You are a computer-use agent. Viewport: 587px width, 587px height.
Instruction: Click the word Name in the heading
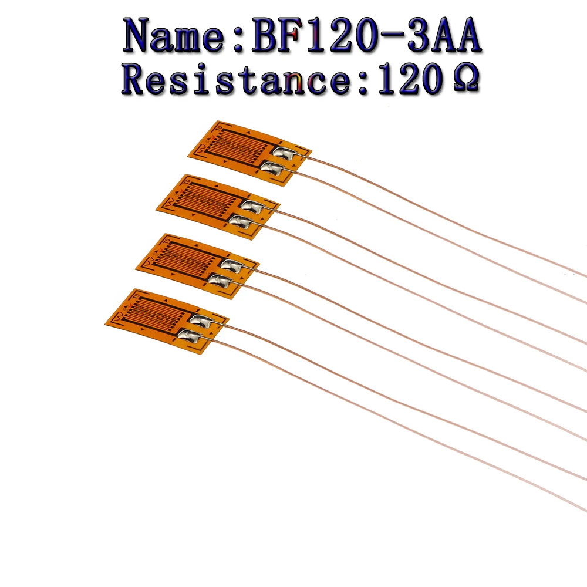click(176, 36)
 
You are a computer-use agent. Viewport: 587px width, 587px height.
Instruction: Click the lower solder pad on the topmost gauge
click(272, 168)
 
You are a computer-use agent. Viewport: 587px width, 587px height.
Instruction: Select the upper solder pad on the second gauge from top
click(251, 206)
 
